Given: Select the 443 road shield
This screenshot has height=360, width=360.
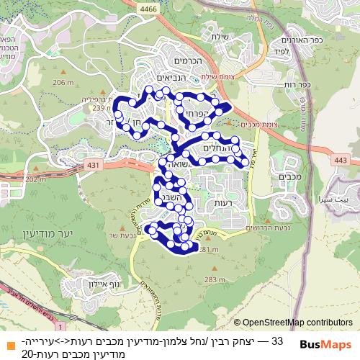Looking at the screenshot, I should point(341,160).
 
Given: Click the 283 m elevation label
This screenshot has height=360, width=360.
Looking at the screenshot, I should point(213,279).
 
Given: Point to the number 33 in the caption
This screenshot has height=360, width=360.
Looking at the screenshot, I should point(278,338).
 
